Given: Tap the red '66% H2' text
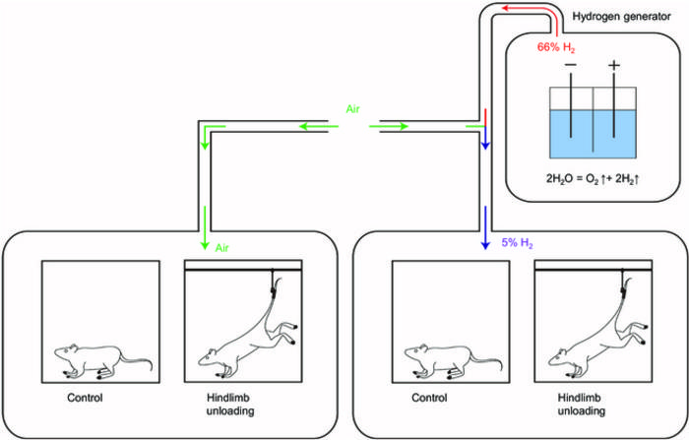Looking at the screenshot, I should point(556,46).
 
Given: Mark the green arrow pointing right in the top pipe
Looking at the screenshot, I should point(394,127).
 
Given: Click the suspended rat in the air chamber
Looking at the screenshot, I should point(246,340).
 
